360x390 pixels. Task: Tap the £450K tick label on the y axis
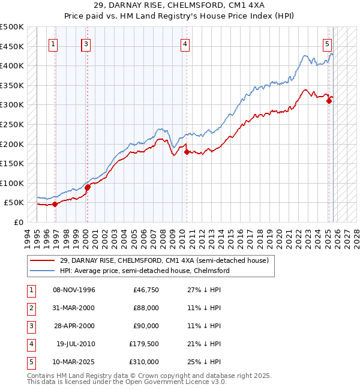[12, 46]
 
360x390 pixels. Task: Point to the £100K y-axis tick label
[12, 183]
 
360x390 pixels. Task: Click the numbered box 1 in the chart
[54, 43]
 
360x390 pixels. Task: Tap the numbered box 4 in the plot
[185, 43]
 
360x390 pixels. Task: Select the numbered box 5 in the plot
[327, 43]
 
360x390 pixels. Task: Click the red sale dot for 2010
[187, 152]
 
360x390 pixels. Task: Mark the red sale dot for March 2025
[329, 101]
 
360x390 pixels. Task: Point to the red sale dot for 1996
[55, 204]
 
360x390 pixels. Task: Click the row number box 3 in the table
[30, 326]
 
